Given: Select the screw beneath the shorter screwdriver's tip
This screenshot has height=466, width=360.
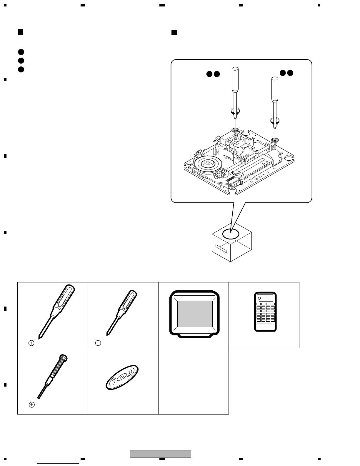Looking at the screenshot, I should point(275,140).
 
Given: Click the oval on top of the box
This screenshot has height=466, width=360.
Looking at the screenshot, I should point(231,234).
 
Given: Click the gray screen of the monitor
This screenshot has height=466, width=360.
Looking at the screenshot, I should point(195,314).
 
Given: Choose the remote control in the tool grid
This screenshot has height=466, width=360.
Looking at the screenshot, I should point(265,312).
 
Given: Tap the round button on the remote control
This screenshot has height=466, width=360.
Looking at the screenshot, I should point(259,298).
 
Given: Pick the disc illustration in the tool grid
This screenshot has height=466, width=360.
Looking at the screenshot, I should point(122,377).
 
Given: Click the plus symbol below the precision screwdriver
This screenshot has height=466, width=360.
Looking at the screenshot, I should point(32,405).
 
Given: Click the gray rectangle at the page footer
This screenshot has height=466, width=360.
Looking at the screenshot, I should point(161,454).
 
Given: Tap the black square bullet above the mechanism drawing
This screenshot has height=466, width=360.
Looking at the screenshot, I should point(174,32).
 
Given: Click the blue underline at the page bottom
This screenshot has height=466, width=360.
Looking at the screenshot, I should point(58,464).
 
